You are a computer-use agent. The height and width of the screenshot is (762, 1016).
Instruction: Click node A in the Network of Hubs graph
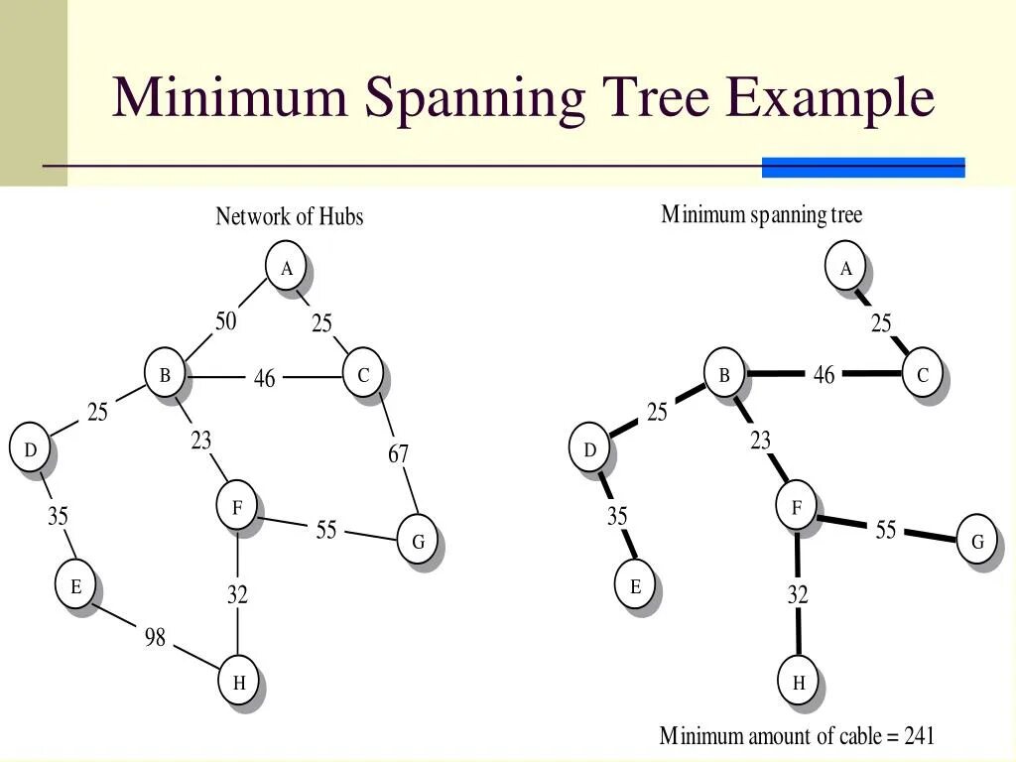(x=287, y=268)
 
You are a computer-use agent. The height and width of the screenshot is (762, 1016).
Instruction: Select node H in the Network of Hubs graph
(x=239, y=682)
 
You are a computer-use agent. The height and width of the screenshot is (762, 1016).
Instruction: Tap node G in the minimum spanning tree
(x=977, y=542)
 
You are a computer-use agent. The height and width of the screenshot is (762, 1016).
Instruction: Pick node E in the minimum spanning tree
(x=636, y=586)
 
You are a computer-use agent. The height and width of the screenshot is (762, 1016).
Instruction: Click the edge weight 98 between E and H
(x=155, y=638)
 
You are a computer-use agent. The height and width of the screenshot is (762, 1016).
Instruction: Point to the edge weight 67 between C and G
(x=398, y=454)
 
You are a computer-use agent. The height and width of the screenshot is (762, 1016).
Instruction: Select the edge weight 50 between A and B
(x=226, y=321)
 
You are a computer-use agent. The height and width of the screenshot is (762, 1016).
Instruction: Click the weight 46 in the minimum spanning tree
(x=824, y=375)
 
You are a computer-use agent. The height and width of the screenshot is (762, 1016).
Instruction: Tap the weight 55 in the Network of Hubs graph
(x=326, y=530)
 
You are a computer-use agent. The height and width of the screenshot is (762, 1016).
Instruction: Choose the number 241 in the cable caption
(x=919, y=736)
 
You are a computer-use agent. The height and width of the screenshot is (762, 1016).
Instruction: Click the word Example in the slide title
(x=829, y=98)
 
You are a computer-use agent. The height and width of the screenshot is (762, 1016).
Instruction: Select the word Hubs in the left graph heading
(x=341, y=216)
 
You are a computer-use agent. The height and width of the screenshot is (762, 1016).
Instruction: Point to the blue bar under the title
(x=863, y=168)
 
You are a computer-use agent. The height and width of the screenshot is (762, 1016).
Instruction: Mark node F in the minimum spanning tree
(x=797, y=508)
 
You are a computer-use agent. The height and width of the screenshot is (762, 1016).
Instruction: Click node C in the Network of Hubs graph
(x=363, y=375)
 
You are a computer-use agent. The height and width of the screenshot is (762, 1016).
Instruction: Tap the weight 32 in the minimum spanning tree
(x=798, y=594)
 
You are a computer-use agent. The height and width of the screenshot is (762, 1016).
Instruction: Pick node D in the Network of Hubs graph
(x=31, y=449)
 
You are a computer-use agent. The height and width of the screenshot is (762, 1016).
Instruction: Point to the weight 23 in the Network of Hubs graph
(x=201, y=441)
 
